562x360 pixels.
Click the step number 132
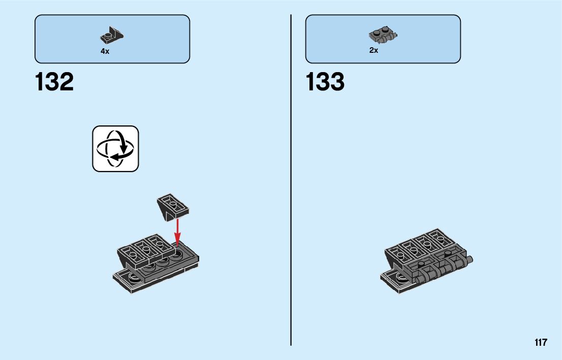[x=54, y=82]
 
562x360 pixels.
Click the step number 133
[x=325, y=82]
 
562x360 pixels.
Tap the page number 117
[x=541, y=342]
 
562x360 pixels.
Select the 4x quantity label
[x=105, y=51]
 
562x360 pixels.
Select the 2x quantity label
[x=373, y=50]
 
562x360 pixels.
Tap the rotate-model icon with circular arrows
[x=115, y=149]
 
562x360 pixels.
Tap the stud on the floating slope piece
[x=173, y=203]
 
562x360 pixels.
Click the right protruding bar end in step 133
[x=470, y=260]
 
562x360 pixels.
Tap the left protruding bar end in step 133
[x=419, y=279]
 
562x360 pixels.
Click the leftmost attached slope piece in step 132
[x=129, y=252]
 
